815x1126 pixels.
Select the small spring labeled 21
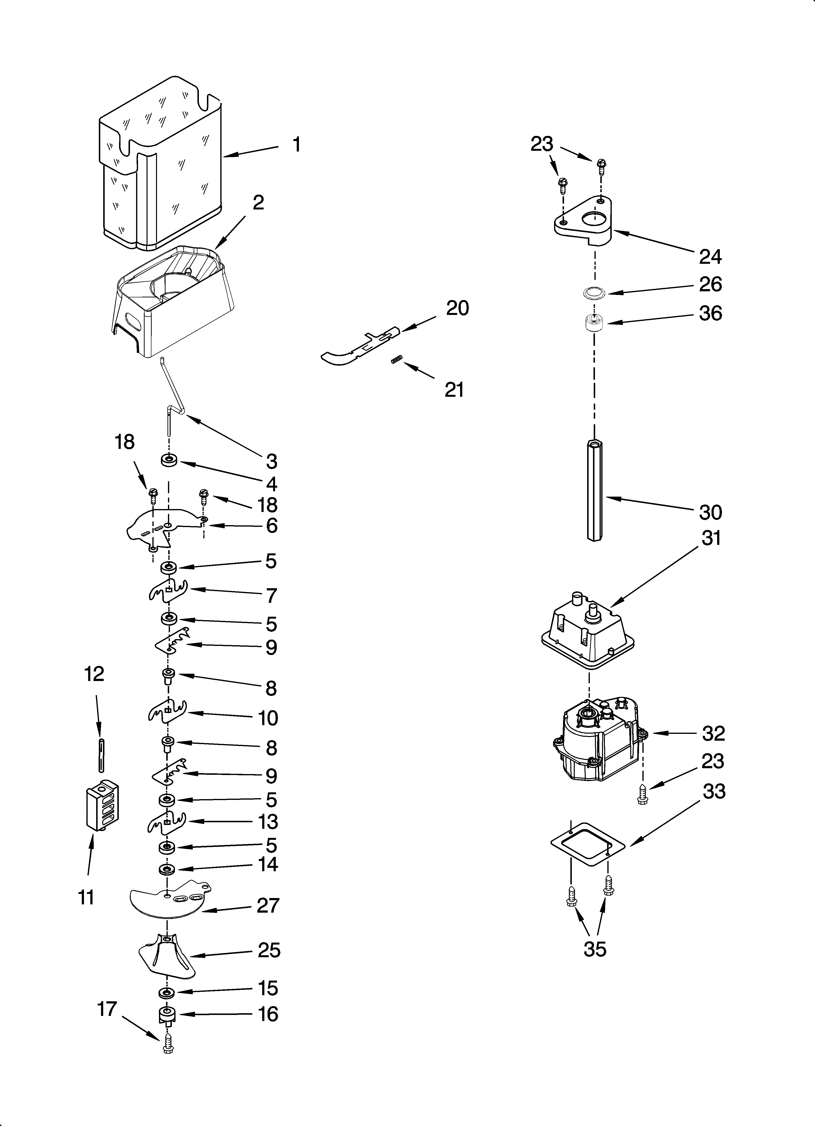coord(396,361)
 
